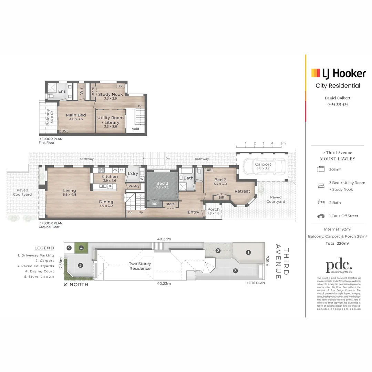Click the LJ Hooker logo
pyautogui.click(x=339, y=73)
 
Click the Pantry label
pyautogui.click(x=134, y=186)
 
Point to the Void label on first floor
pyautogui.click(x=135, y=129)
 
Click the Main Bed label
pyautogui.click(x=76, y=115)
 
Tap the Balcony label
pyautogui.click(x=48, y=116)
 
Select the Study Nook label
pyautogui.click(x=110, y=94)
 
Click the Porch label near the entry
pyautogui.click(x=213, y=209)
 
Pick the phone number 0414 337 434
pyautogui.click(x=338, y=104)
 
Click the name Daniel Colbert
pyautogui.click(x=338, y=98)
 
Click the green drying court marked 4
pyautogui.click(x=81, y=248)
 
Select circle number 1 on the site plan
pyautogui.click(x=248, y=252)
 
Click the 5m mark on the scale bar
pyautogui.click(x=283, y=143)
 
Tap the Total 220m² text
pyautogui.click(x=338, y=243)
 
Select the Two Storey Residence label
pyautogui.click(x=140, y=266)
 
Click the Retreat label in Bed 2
pyautogui.click(x=242, y=191)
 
